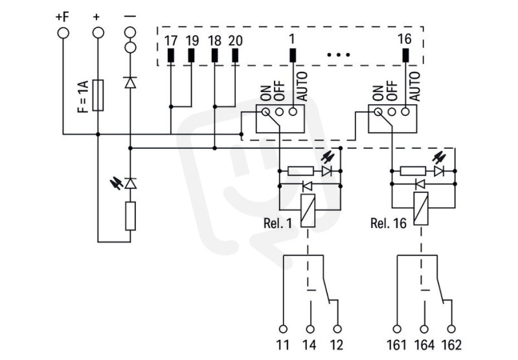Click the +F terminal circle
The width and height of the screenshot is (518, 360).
[63, 33]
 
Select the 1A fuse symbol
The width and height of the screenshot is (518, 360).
[98, 95]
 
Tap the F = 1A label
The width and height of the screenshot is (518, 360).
[84, 96]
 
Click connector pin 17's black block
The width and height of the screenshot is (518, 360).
[170, 55]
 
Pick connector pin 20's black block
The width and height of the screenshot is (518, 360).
[235, 55]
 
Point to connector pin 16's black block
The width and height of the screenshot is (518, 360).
[405, 55]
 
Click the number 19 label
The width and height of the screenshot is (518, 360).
[192, 41]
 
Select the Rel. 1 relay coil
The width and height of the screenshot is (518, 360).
[308, 210]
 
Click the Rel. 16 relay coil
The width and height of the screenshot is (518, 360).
[421, 208]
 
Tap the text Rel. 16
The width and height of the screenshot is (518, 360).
[388, 223]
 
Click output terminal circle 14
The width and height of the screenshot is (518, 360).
[310, 329]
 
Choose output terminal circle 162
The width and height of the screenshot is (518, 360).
[451, 329]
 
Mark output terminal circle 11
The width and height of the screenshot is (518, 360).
[283, 329]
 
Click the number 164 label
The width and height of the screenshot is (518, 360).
[425, 345]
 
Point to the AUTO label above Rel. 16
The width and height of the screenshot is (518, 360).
[414, 86]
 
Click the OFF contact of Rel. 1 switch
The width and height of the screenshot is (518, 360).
[279, 112]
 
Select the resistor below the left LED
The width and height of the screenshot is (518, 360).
[131, 216]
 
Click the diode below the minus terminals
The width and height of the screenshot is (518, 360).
[131, 82]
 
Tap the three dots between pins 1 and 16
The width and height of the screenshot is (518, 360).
[338, 55]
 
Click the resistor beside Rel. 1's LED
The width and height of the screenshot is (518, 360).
[300, 171]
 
